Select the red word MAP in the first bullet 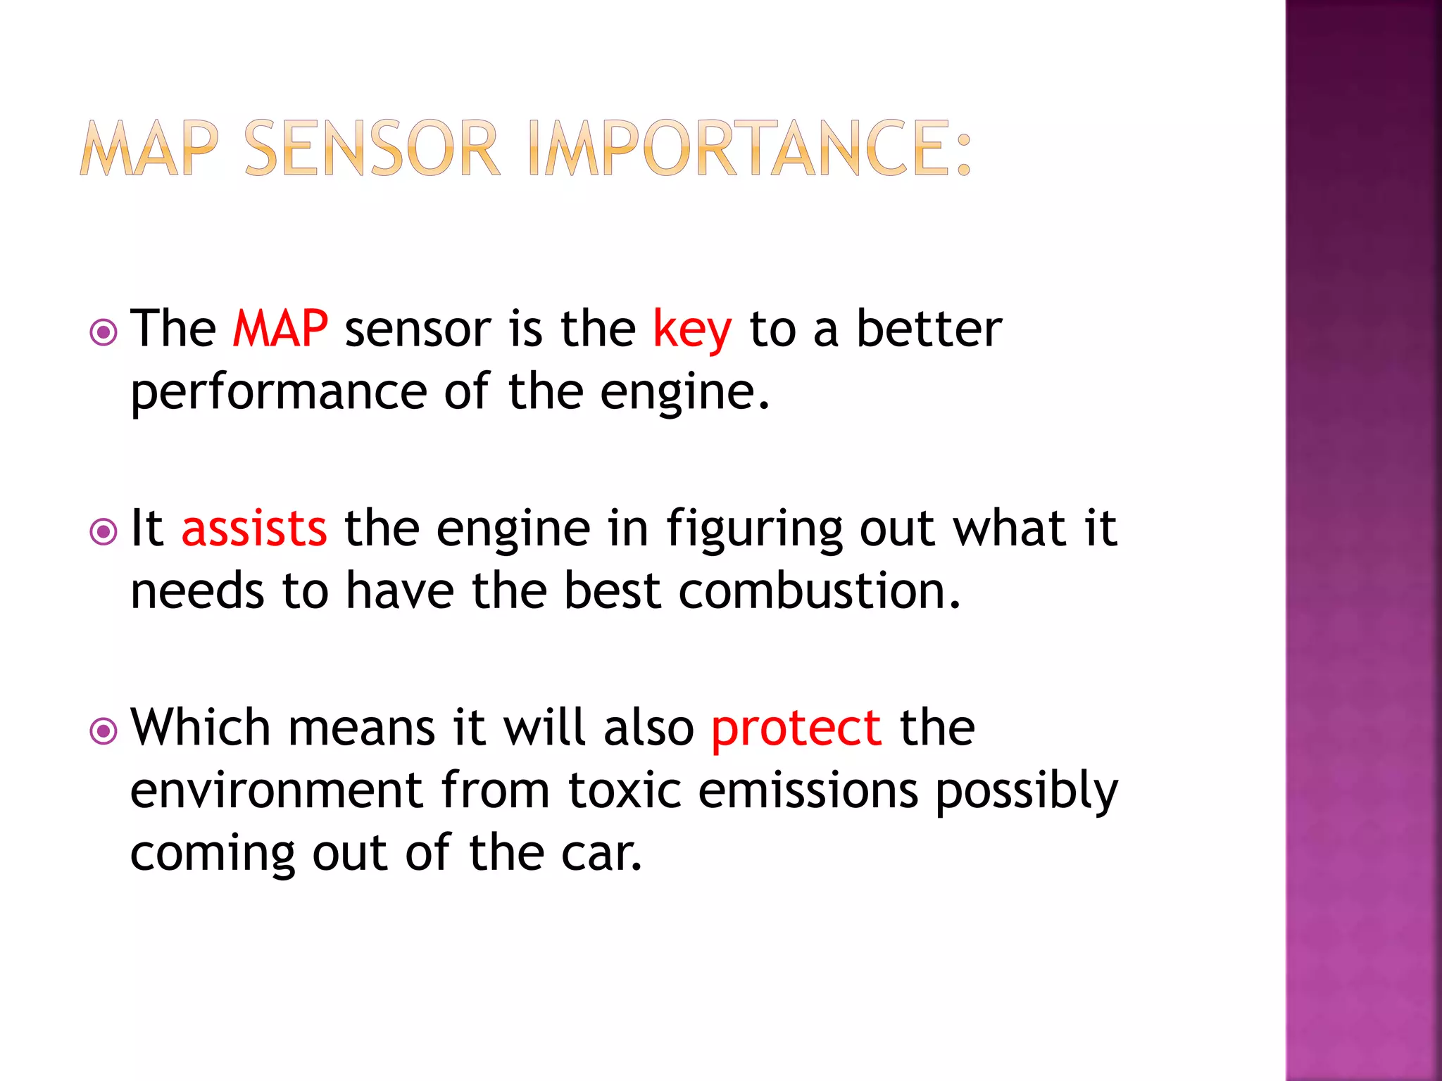[280, 329]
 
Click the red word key [692, 330]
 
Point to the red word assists [254, 529]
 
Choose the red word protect [796, 728]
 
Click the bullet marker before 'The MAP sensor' [104, 332]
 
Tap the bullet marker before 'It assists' [104, 531]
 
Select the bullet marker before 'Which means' [104, 731]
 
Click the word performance [279, 393]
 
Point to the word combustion [819, 590]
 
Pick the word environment [277, 790]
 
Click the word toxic [625, 790]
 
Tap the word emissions [808, 790]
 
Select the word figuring [754, 530]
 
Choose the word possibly [1027, 792]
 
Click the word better [929, 329]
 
